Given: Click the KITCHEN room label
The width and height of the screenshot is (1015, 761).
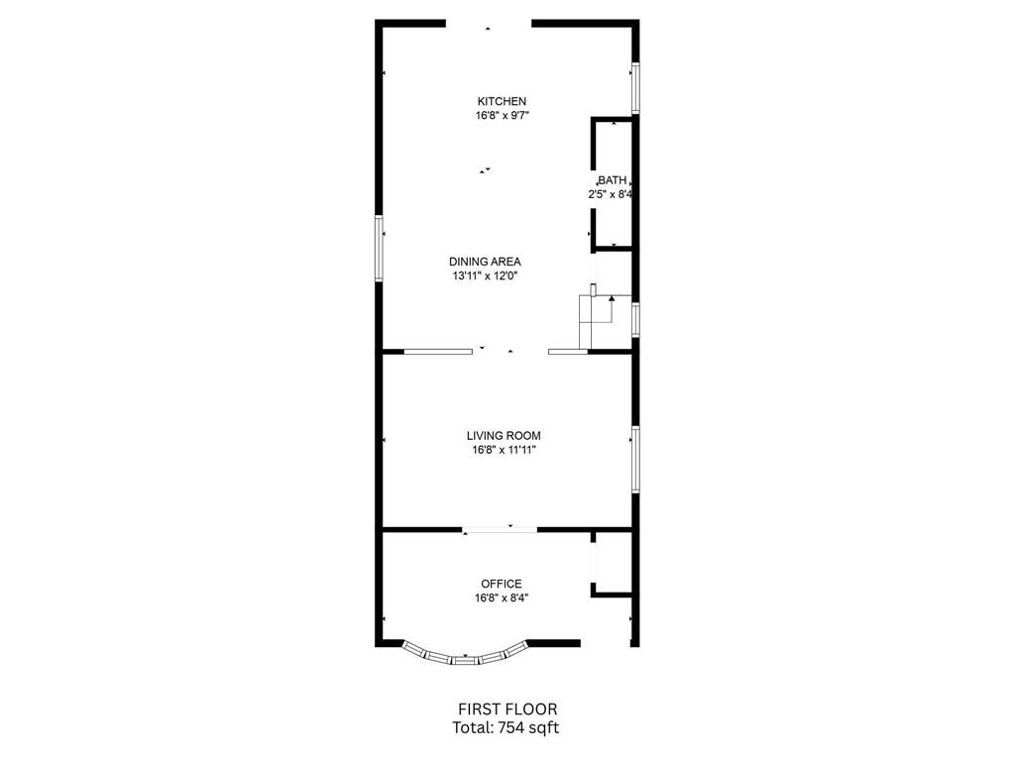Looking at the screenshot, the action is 502,101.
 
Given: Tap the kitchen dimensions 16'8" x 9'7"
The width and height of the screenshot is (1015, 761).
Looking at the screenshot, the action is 503,116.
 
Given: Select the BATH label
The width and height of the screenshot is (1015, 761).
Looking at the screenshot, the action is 612,180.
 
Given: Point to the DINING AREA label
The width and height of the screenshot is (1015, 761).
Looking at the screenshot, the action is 485,262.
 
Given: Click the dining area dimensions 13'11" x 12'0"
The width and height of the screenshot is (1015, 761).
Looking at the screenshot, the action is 486,276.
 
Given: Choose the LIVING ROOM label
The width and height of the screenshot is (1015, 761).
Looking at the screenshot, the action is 504,436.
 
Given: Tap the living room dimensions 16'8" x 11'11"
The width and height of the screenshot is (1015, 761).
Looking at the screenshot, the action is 505,451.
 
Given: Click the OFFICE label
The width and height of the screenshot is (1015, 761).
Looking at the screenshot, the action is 501,584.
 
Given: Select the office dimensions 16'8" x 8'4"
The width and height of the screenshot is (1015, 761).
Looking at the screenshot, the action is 502,598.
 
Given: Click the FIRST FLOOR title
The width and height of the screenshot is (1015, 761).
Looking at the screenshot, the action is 507,709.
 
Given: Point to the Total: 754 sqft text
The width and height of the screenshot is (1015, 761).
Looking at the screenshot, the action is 506,728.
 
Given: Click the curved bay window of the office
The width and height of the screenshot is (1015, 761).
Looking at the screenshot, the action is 464,659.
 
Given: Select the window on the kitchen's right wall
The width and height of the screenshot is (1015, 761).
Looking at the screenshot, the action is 635,88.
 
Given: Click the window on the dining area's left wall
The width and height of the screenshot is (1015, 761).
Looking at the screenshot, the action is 380,249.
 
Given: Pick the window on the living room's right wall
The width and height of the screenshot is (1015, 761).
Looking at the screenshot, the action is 635,460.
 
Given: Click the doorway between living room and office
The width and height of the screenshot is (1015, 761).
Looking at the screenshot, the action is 500,531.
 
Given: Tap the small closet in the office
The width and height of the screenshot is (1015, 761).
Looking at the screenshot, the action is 613,563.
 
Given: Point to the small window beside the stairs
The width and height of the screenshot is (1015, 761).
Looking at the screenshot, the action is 635,320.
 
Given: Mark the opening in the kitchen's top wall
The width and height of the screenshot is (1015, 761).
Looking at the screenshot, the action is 489,24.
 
